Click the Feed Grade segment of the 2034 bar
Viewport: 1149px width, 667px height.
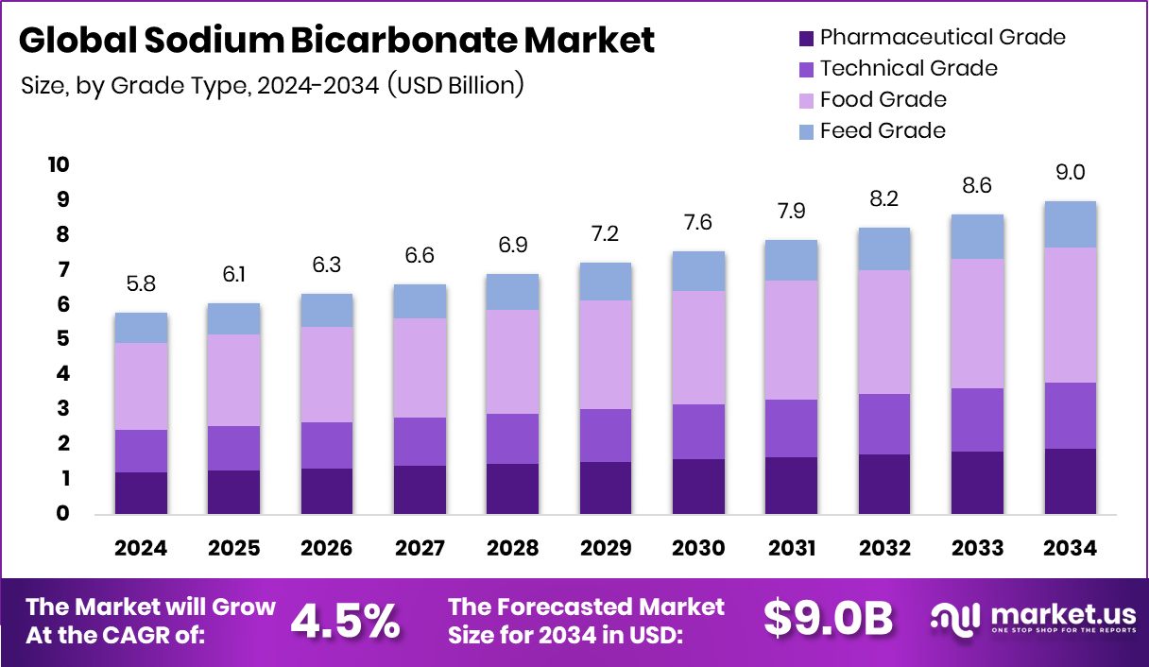click(1070, 224)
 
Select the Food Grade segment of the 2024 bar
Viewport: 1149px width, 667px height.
click(142, 386)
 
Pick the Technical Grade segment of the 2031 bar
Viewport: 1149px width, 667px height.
click(790, 428)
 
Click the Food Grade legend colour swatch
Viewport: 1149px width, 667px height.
click(806, 99)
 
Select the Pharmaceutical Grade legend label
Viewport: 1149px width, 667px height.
click(942, 38)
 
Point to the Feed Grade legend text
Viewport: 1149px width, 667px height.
click(883, 130)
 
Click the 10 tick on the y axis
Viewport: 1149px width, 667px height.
click(59, 165)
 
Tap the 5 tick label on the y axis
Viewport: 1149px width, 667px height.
click(63, 339)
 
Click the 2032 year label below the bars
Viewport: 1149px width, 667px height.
click(884, 549)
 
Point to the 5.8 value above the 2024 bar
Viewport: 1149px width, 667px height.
click(142, 282)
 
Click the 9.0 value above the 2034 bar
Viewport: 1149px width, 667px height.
click(1070, 172)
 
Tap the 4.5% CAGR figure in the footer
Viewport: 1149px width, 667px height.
click(345, 620)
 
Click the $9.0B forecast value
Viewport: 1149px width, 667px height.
click(828, 620)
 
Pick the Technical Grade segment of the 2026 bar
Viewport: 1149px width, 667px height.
click(327, 445)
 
